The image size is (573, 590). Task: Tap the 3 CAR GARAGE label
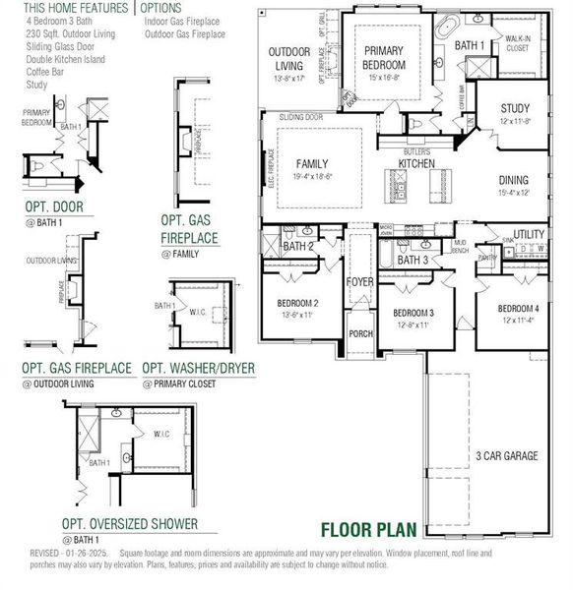(x=506, y=455)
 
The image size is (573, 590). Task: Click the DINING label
(x=513, y=180)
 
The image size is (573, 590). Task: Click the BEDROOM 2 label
(x=296, y=303)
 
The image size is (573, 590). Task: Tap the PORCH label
(x=361, y=333)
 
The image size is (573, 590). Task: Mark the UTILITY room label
(x=529, y=234)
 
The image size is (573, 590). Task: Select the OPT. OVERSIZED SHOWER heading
(x=129, y=524)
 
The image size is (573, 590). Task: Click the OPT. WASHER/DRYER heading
(x=199, y=368)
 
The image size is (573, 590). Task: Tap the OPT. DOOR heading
(x=54, y=206)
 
